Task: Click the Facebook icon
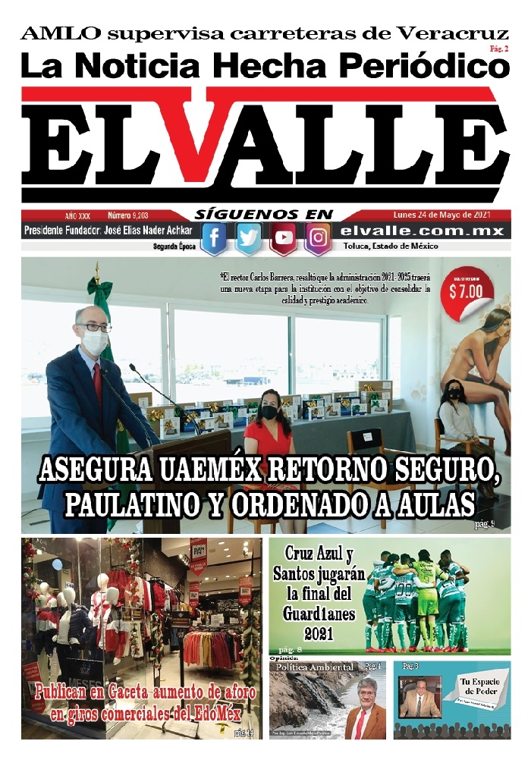[214, 238]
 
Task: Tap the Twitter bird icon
[249, 238]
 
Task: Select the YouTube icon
[284, 238]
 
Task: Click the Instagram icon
[319, 238]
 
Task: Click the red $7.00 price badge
[466, 288]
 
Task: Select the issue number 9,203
[133, 215]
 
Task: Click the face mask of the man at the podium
[95, 343]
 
